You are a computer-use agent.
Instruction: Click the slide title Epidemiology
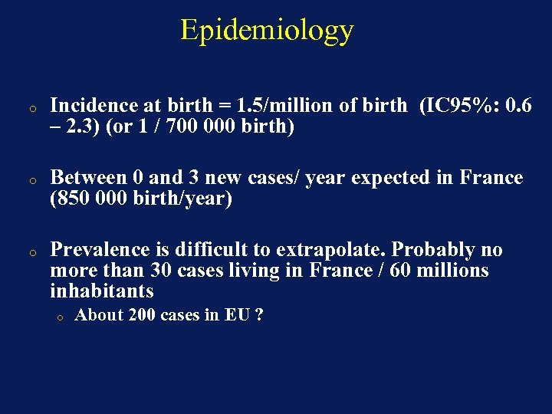click(267, 30)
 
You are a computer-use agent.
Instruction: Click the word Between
click(89, 178)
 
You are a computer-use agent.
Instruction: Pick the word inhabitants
click(101, 291)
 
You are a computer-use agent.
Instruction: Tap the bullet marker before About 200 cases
click(58, 317)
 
